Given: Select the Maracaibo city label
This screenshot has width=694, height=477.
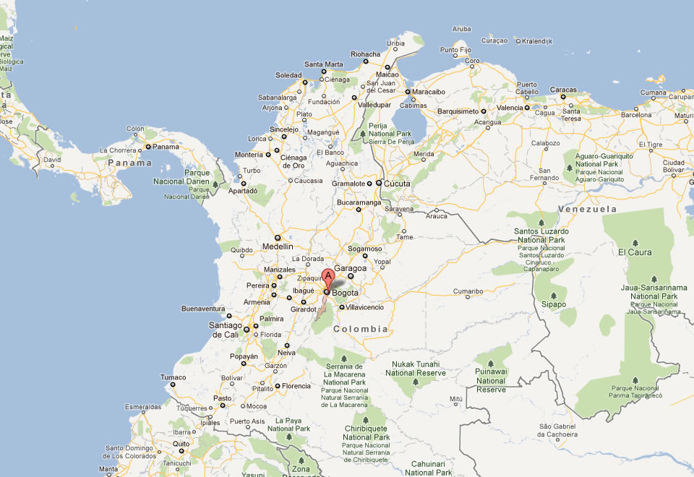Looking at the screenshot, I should coord(430,92).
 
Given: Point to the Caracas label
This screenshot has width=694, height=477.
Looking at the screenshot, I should coord(563,90).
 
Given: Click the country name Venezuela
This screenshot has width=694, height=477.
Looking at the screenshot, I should coord(588,209).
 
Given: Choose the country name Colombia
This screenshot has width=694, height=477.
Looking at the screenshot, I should coord(360,329).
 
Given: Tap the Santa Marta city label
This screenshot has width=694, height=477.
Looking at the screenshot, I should coord(323,64).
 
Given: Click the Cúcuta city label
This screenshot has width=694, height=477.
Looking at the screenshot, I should coord(397,184).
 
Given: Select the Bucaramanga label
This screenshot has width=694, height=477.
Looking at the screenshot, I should coord(359,203).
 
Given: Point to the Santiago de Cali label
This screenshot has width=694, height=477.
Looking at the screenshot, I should coord(224,330).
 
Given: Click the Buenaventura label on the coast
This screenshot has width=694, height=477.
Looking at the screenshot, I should coord(204,309).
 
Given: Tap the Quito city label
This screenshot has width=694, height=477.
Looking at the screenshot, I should coord(180,444).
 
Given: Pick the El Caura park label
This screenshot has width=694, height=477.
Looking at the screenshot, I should coord(634,252).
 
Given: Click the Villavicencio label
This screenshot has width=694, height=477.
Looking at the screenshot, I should coord(366,307).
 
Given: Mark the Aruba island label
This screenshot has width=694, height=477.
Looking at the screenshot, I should coord(461,29).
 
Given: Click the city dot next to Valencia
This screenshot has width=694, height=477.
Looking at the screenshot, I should coord(527,108).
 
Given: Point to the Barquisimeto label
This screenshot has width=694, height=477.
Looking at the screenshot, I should coord(457,111).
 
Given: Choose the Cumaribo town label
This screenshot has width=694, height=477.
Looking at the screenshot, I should coord(468,291).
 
